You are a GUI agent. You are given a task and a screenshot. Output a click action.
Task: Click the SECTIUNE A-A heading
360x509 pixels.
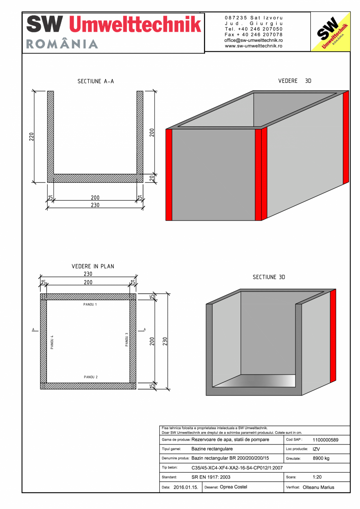(x=95, y=81)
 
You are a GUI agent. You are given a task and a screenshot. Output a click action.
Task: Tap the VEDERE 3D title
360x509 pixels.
(x=295, y=81)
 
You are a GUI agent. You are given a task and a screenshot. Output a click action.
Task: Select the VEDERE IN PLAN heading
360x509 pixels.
(x=93, y=266)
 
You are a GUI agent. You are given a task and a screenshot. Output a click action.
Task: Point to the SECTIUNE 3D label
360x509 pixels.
(x=269, y=277)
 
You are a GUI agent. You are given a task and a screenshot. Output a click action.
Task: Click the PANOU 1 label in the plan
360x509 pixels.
(x=90, y=304)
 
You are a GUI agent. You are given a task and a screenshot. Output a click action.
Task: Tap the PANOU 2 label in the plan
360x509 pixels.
(x=90, y=377)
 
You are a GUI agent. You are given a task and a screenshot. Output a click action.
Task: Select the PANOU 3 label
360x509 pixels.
(x=126, y=339)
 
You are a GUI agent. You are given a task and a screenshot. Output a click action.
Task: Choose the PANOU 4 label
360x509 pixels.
(x=52, y=342)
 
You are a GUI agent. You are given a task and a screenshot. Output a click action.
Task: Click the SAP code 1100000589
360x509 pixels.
(x=326, y=440)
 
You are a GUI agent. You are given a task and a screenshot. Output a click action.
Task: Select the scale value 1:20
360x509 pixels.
(x=317, y=477)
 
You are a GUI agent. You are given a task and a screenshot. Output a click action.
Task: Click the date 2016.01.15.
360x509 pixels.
(x=186, y=487)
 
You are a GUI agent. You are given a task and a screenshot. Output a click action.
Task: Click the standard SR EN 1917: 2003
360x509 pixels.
(x=211, y=477)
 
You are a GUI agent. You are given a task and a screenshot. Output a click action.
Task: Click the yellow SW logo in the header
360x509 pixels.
(x=330, y=32)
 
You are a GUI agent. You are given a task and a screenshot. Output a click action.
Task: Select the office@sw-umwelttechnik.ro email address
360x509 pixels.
(x=254, y=40)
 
